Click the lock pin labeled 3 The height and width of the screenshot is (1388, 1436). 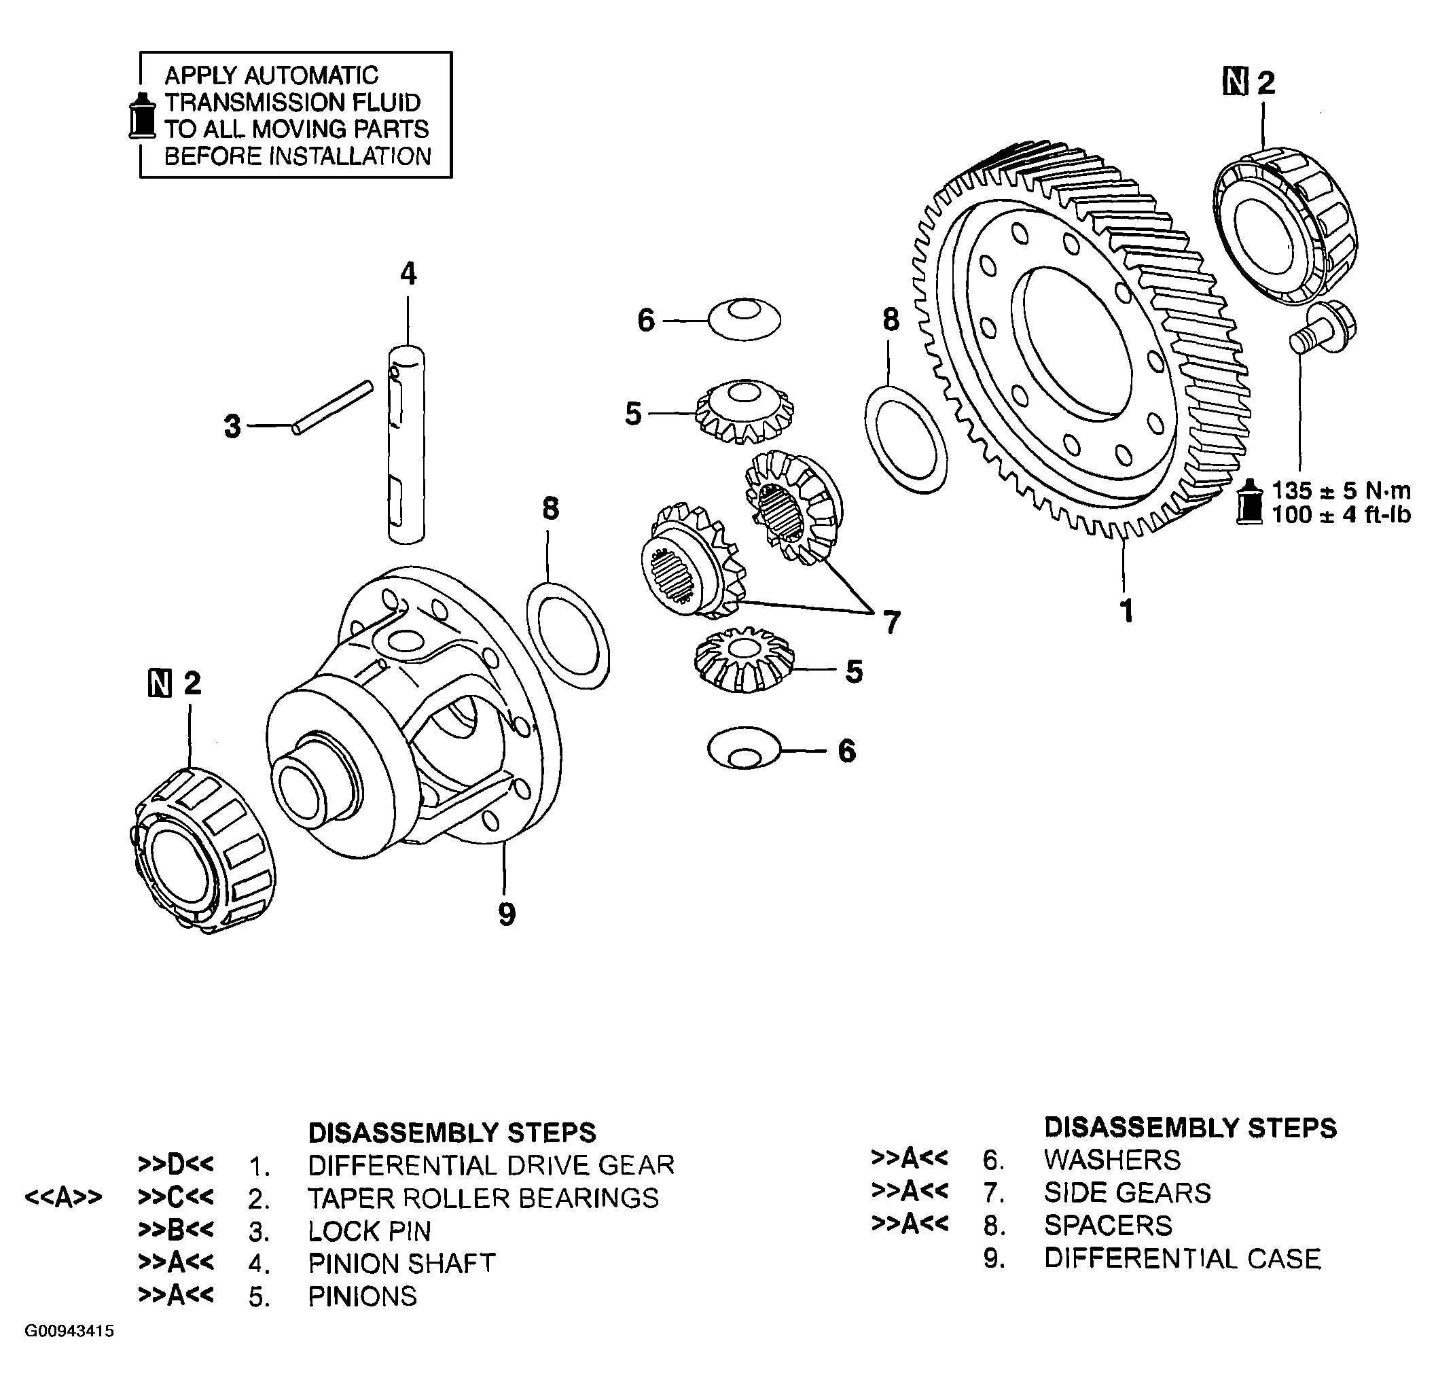(334, 407)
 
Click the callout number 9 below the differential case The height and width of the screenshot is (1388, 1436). (506, 914)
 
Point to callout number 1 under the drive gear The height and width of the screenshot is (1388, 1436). (1127, 611)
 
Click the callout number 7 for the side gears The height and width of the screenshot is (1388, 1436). (891, 623)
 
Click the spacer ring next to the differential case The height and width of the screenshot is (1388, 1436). (568, 635)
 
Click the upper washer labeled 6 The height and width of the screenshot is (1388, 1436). (744, 319)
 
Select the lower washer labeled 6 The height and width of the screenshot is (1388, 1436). (744, 748)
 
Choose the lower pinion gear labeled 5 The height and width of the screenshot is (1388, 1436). (744, 659)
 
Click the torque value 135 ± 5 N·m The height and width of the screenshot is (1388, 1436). (1340, 491)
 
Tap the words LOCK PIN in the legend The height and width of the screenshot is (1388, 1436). (370, 1231)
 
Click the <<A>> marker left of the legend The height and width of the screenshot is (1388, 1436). (63, 1198)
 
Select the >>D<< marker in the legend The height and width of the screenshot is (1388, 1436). (176, 1164)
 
